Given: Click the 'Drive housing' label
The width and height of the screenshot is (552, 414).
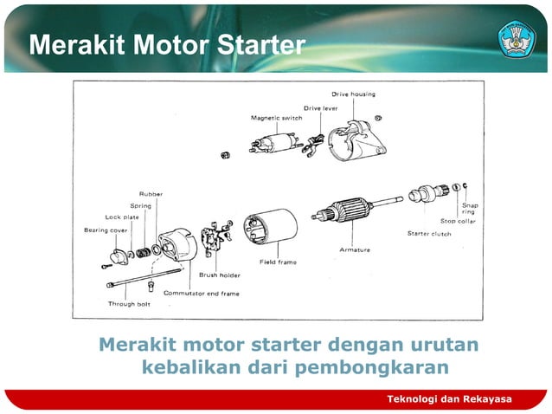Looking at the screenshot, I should click(353, 94).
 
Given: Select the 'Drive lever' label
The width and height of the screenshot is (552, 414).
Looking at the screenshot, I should click(320, 108).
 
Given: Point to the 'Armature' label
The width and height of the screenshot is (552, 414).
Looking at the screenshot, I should click(354, 249).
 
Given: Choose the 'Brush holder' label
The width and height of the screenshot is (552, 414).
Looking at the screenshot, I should click(220, 275).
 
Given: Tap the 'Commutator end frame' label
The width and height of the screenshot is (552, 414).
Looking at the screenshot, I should click(202, 293).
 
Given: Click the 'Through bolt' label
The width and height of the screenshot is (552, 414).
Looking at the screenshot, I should click(129, 304).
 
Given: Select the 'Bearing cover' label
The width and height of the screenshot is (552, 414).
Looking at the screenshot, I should click(105, 230).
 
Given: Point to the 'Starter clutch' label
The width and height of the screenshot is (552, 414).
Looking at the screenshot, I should click(429, 233).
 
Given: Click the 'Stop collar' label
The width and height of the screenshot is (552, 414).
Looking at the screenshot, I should click(458, 221).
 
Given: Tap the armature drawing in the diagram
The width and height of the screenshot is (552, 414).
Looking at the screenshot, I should click(350, 213).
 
